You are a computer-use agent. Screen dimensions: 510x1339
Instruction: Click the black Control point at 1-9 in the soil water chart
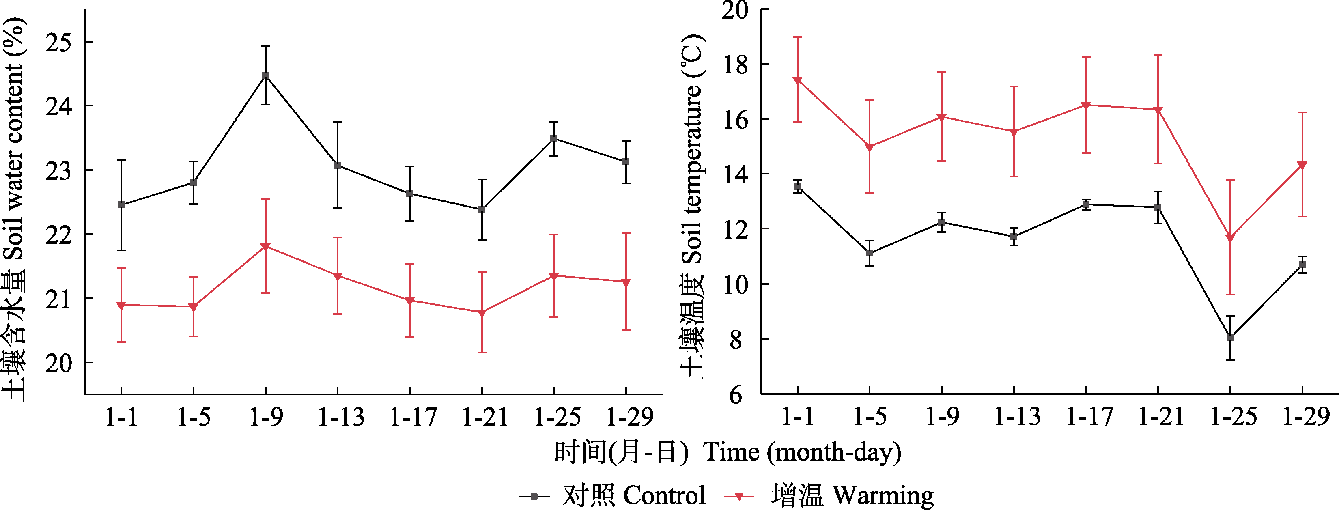point(266,75)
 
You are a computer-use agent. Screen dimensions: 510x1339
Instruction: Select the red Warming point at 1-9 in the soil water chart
point(266,246)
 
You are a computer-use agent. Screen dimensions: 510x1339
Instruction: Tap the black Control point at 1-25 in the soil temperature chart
point(1230,338)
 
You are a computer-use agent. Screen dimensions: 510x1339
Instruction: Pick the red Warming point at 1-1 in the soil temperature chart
point(797,80)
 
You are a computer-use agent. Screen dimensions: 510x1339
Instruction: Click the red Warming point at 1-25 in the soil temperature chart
point(1230,238)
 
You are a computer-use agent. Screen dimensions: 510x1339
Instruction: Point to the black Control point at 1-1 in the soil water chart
point(121,205)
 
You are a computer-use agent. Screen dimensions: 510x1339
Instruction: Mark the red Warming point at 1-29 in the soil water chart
point(626,282)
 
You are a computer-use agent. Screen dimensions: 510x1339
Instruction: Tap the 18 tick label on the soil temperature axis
point(735,65)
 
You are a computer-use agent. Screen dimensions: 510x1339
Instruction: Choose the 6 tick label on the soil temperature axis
point(736,395)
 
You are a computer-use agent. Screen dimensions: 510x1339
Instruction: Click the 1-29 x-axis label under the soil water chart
point(629,417)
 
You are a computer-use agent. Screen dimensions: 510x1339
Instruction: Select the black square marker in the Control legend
point(534,497)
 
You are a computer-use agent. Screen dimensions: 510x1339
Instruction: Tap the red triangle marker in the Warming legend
point(739,497)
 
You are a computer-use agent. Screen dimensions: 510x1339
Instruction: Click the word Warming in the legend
point(883,496)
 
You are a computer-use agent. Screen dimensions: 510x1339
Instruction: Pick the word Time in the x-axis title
point(731,452)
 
